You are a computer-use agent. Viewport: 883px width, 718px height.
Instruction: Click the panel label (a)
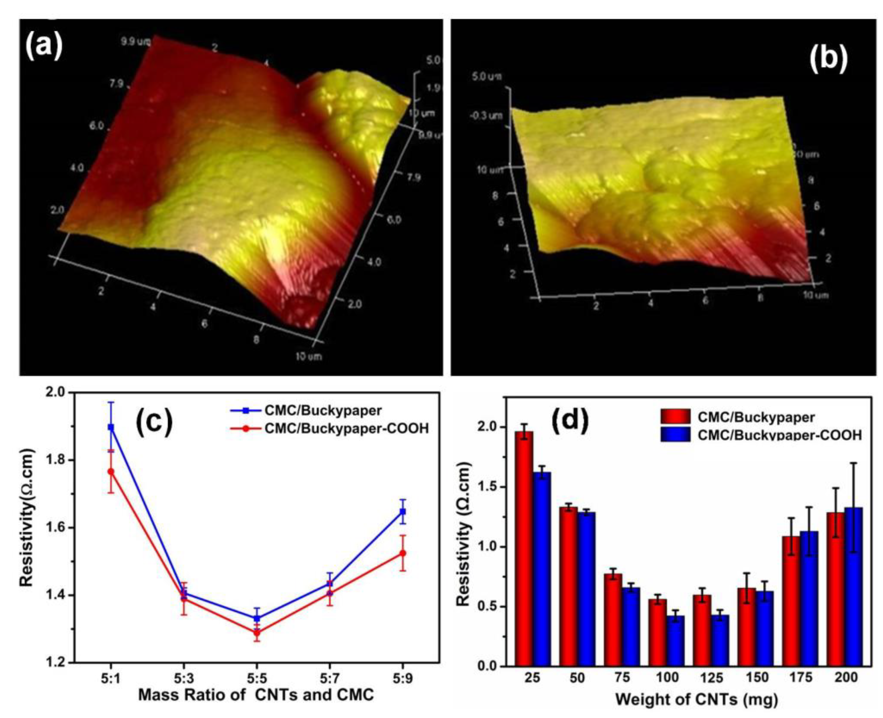pyautogui.click(x=44, y=46)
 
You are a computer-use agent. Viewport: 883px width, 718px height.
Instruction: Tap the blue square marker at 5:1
pyautogui.click(x=111, y=427)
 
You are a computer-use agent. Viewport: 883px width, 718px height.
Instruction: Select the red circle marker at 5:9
pyautogui.click(x=403, y=553)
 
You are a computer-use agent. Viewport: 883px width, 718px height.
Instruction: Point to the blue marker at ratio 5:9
pyautogui.click(x=403, y=512)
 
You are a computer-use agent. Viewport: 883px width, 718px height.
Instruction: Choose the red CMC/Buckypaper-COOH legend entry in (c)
pyautogui.click(x=346, y=428)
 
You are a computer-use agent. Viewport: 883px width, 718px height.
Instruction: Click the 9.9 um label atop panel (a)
pyautogui.click(x=136, y=42)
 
